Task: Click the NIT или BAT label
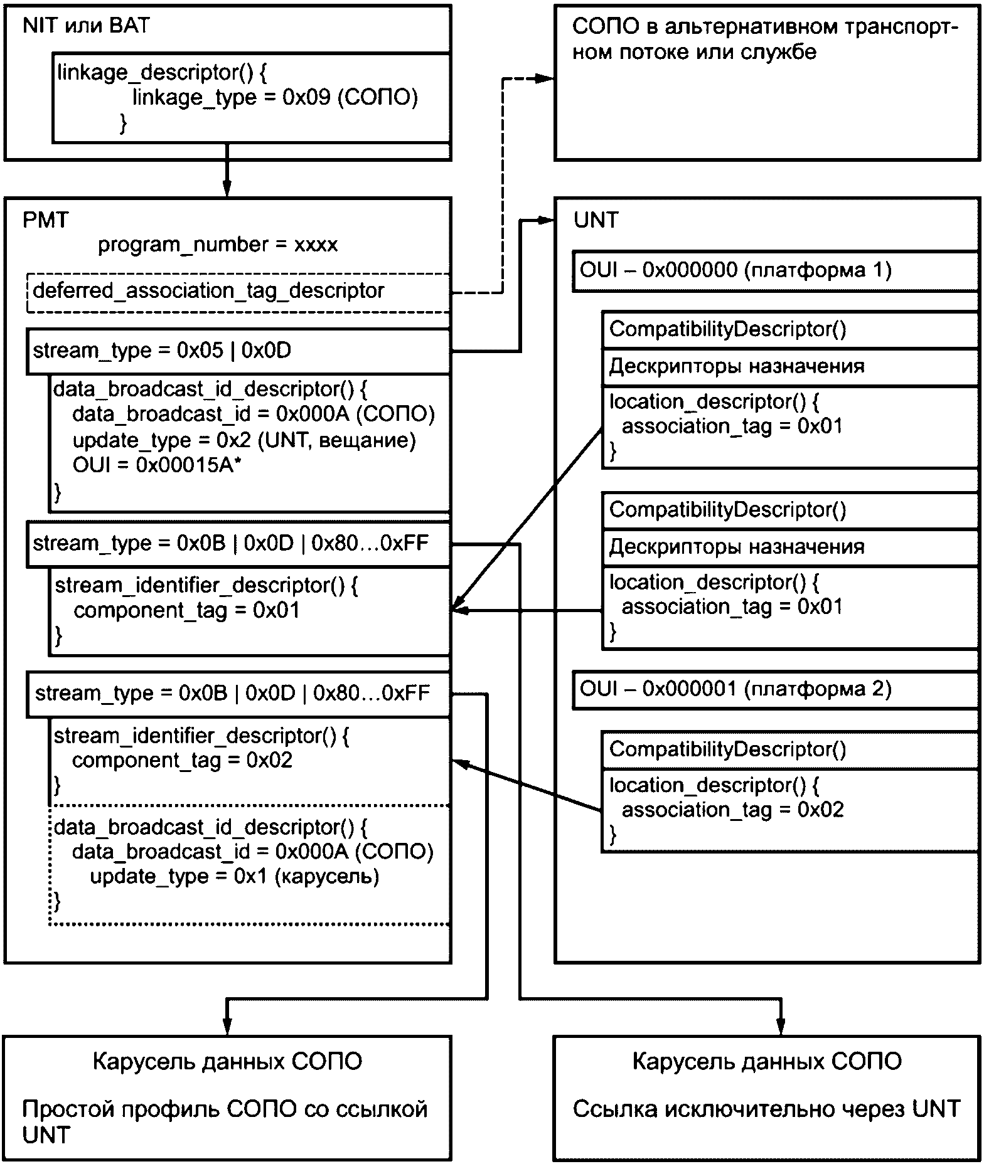[86, 26]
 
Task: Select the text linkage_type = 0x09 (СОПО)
[274, 97]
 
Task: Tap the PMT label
[45, 220]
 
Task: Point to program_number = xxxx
[217, 245]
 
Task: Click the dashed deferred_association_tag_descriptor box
[238, 292]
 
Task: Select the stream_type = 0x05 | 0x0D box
[238, 351]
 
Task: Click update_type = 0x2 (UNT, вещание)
[243, 440]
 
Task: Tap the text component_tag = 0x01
[186, 610]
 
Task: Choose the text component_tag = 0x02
[182, 760]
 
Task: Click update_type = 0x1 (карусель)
[234, 876]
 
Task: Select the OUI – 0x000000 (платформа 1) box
[775, 271]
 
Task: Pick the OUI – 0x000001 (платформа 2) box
[775, 690]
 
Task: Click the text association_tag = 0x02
[732, 810]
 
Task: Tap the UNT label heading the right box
[596, 220]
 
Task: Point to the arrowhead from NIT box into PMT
[227, 189]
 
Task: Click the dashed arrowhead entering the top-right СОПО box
[547, 79]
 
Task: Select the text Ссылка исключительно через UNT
[766, 1109]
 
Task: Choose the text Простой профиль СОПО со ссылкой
[224, 1109]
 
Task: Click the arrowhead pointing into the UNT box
[547, 221]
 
